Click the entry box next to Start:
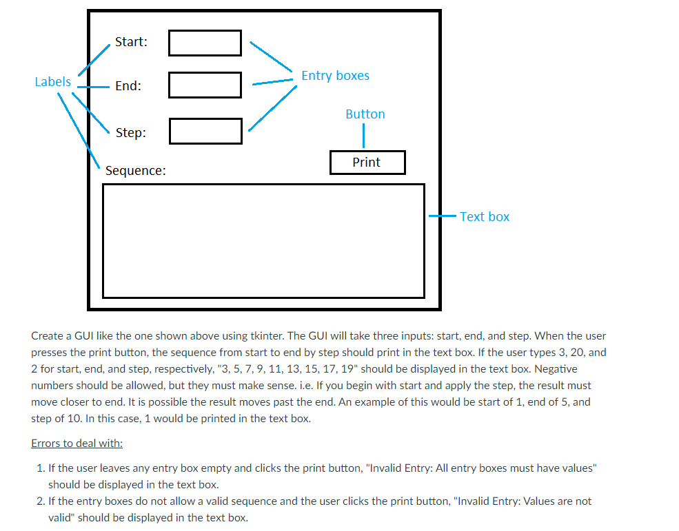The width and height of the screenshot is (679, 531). click(x=205, y=43)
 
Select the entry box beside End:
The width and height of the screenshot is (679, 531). click(x=205, y=85)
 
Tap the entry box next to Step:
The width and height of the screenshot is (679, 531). click(x=205, y=132)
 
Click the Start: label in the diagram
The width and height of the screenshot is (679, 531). click(x=131, y=42)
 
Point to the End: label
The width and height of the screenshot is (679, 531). click(x=128, y=86)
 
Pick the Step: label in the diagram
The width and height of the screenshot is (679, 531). click(x=130, y=133)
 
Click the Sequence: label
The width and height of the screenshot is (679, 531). click(x=136, y=171)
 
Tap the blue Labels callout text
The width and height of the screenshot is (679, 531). click(x=52, y=82)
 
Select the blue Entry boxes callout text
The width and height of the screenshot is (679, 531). click(x=335, y=76)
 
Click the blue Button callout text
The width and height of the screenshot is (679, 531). click(x=365, y=114)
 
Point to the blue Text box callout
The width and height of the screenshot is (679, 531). click(x=485, y=217)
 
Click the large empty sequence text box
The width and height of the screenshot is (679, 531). click(x=263, y=240)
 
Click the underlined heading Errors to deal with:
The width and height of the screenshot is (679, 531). click(x=77, y=443)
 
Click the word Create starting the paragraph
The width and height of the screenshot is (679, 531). click(x=48, y=336)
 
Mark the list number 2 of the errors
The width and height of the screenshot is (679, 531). click(x=40, y=501)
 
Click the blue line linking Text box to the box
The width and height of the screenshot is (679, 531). click(x=441, y=216)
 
